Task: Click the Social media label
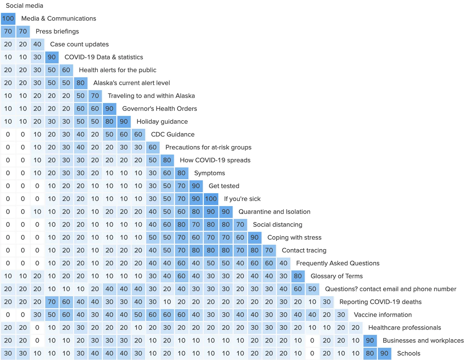coord(24,6)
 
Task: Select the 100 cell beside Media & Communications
coord(8,18)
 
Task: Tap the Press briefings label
coord(57,31)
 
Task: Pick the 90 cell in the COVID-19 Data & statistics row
coord(52,57)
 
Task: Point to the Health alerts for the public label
coord(117,70)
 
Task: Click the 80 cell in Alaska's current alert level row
coord(81,83)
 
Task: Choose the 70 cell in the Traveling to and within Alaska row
coord(95,96)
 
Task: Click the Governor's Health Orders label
coord(159,109)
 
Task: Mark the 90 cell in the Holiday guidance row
coord(124,121)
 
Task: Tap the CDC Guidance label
coord(172,134)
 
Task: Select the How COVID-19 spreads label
coord(215,160)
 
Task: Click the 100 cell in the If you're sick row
coord(211,199)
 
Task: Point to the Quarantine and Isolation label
coord(274,212)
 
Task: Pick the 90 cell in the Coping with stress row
coord(255,237)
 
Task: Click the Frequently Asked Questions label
coord(338,263)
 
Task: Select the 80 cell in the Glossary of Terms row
coord(298,276)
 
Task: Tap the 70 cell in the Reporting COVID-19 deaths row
coord(52,302)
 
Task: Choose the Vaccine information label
coord(383,315)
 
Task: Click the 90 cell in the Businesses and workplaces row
coord(370,340)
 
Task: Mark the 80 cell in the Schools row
coord(370,353)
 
